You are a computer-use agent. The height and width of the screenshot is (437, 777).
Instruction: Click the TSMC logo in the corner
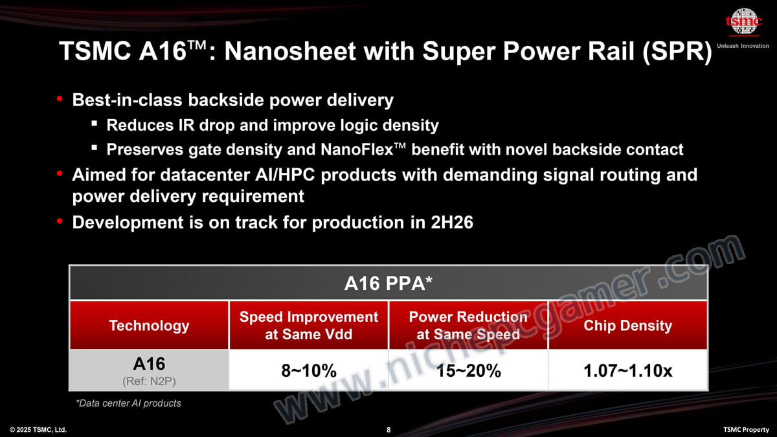743,22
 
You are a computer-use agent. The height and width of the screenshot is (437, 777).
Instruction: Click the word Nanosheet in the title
290,51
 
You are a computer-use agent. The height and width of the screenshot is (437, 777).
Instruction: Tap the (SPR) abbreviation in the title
677,52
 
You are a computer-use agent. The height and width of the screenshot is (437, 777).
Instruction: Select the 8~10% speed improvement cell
309,370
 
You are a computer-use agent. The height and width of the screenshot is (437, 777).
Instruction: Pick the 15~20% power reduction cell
468,370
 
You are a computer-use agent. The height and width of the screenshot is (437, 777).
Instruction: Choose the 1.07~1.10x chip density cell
628,370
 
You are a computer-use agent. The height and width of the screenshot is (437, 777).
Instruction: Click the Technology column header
149,325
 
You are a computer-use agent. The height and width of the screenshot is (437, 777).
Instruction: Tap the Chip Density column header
628,325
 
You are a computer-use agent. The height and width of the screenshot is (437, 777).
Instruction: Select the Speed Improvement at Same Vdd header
309,325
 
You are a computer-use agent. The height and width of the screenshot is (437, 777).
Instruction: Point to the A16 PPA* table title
388,283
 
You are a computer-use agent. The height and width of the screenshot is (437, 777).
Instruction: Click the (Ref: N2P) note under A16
149,381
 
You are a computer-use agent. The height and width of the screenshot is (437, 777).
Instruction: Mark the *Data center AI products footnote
128,403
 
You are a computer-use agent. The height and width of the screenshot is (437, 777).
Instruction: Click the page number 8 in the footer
388,430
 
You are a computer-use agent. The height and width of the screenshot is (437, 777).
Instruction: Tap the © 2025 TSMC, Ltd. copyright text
38,430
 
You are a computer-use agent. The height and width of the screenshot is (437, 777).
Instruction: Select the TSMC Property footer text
746,430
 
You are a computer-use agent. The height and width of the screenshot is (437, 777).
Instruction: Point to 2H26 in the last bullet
452,222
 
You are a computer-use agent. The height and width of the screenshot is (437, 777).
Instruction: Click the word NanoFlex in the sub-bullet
357,150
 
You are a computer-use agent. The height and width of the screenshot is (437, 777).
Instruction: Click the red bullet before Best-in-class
60,99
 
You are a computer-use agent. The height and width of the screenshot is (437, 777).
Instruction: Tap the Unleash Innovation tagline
743,46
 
